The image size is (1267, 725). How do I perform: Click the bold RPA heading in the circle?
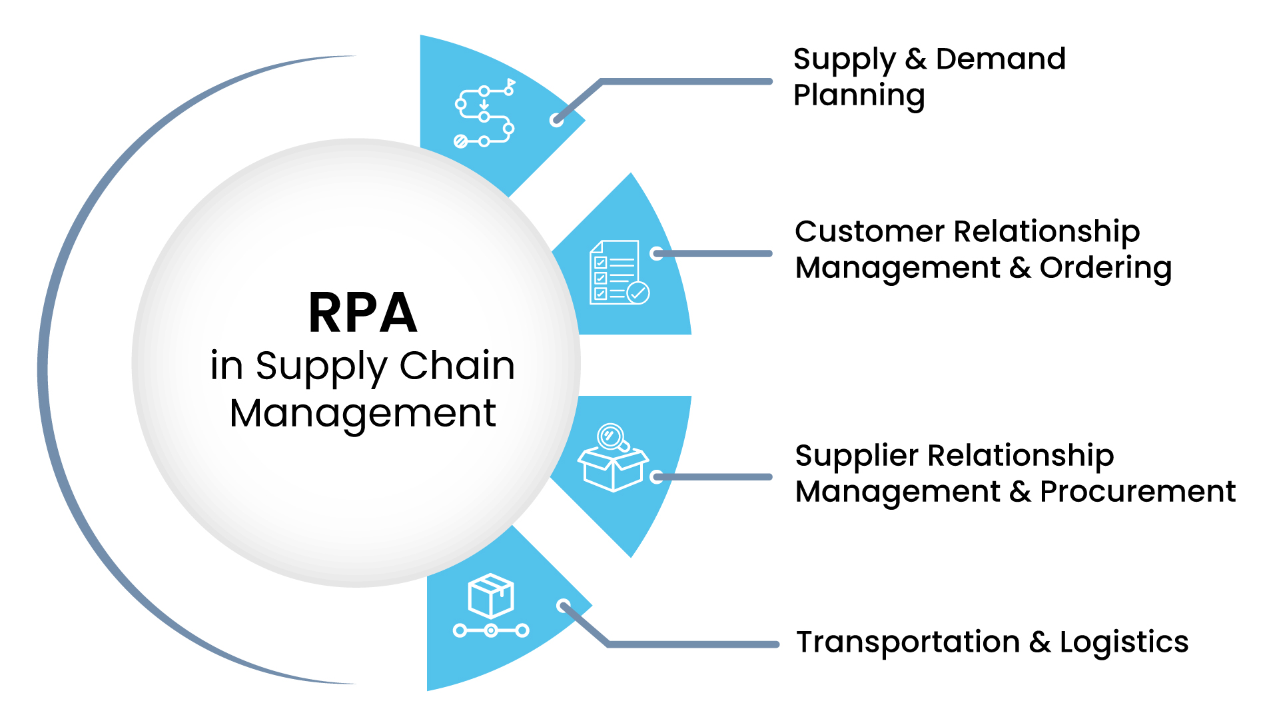pos(363,313)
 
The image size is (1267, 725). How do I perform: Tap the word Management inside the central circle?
pos(363,413)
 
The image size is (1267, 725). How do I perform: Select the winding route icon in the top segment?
pos(484,114)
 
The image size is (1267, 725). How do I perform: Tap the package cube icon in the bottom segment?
pos(491,596)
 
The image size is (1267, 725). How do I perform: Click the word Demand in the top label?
pos(1001,59)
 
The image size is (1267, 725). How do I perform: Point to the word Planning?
pos(859,95)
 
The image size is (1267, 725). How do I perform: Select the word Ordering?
pos(1106,268)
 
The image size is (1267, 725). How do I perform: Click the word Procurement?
pos(1138,492)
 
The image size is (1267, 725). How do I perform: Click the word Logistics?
pos(1124,642)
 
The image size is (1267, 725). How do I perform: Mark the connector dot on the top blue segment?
pos(556,120)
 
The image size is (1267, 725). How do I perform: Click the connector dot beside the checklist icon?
pos(657,253)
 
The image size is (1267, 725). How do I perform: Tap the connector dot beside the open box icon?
pos(657,476)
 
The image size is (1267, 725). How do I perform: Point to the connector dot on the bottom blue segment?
pos(564,606)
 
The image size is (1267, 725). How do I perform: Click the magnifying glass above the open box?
pos(611,437)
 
